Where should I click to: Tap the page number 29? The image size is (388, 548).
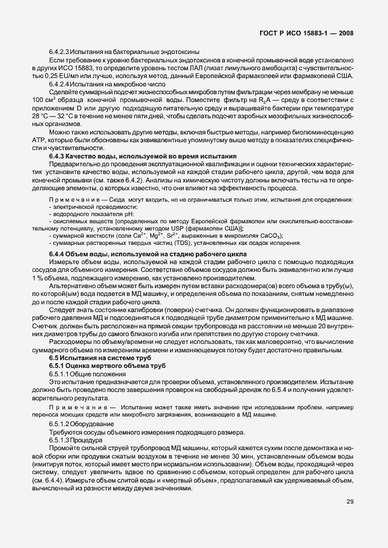[x=350, y=519]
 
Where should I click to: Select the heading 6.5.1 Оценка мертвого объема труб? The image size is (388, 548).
[x=99, y=366]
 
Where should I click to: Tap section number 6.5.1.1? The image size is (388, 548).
[x=59, y=373]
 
